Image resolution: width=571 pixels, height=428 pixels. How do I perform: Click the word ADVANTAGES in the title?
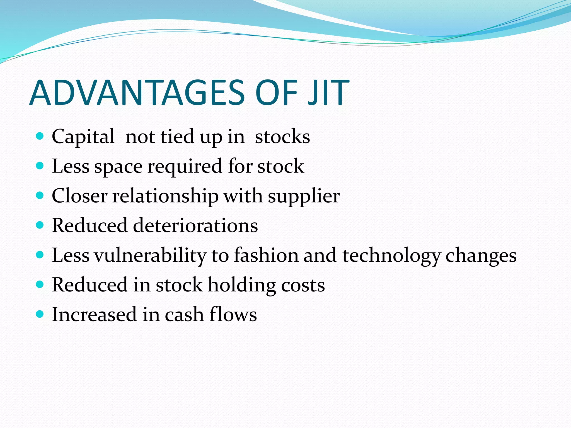coord(137,93)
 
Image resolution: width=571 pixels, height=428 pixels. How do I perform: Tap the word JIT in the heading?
coord(328,93)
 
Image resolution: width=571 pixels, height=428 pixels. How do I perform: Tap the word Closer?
coord(79,196)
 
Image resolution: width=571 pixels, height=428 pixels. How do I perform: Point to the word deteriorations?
coord(195,225)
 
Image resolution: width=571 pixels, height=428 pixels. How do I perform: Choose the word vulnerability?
coord(150,256)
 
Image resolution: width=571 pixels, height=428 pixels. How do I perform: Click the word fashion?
coord(266,255)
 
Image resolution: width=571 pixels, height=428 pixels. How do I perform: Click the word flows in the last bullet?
coord(233,315)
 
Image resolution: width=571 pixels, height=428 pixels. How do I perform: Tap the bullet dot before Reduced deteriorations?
coord(40,225)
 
